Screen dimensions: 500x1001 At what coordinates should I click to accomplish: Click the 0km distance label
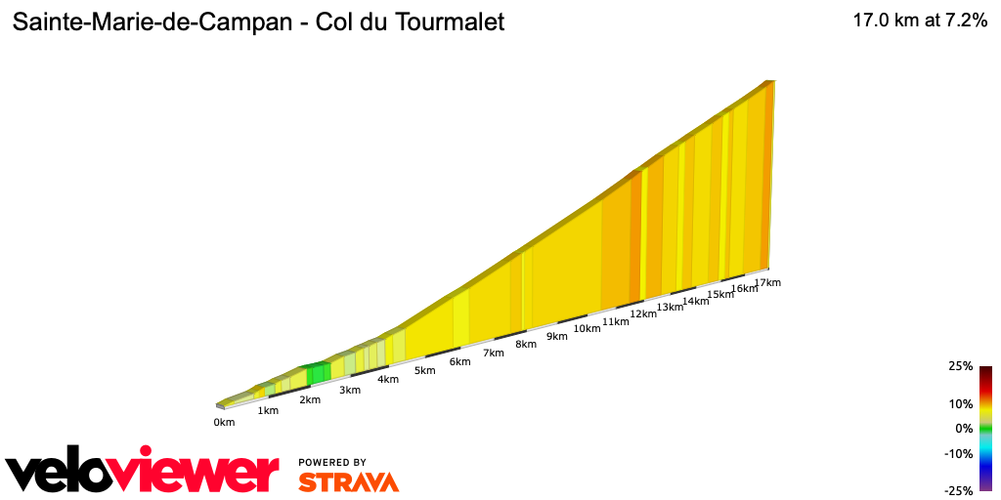click(224, 422)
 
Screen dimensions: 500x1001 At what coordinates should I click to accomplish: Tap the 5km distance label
click(424, 371)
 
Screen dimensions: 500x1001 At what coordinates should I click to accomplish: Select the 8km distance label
click(526, 344)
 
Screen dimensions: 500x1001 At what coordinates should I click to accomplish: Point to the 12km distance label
click(643, 313)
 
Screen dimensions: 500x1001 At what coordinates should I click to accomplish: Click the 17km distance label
click(768, 283)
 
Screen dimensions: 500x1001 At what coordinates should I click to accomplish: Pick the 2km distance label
click(310, 400)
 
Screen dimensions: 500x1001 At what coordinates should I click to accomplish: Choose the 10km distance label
click(587, 328)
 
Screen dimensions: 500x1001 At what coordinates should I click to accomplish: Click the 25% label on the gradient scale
click(962, 366)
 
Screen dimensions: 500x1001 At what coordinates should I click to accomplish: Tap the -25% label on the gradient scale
click(960, 490)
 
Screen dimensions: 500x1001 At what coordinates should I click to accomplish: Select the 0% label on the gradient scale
click(965, 428)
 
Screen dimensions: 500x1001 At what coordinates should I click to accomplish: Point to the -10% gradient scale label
click(960, 453)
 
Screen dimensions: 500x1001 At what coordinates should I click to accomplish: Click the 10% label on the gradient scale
click(962, 403)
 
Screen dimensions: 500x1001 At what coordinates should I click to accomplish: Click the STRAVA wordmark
click(348, 482)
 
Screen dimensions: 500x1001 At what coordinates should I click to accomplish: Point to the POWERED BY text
click(332, 462)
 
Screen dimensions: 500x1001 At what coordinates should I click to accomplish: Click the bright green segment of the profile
click(318, 372)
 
